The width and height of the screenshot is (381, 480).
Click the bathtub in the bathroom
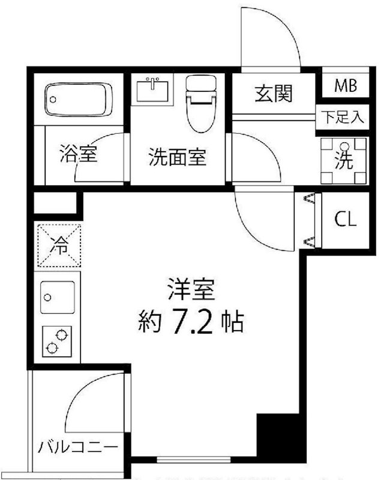(x=77, y=100)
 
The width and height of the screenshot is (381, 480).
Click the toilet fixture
(x=200, y=103)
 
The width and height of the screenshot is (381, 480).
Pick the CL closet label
(x=345, y=220)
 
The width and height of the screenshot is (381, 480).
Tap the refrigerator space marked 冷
(x=59, y=244)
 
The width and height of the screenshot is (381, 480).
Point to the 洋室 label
(x=190, y=291)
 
